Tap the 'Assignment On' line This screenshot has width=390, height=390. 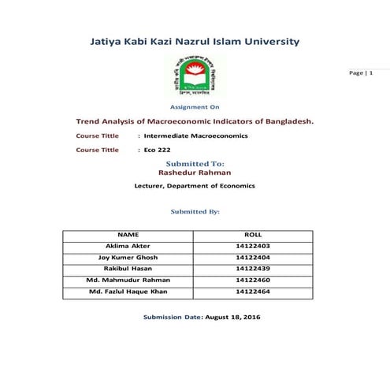[195, 106]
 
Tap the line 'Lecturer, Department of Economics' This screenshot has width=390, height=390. [195, 186]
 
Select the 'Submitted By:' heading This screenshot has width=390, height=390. [195, 211]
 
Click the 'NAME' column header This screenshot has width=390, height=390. [128, 235]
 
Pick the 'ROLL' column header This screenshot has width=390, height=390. [252, 235]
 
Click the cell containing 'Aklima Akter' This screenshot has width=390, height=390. [127, 246]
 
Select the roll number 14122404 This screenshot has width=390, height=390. [252, 257]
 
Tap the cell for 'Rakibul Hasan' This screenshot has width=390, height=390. [127, 268]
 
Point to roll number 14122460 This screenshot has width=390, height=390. [252, 280]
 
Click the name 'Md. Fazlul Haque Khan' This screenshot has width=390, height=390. [127, 292]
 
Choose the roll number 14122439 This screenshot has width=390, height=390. [252, 268]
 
